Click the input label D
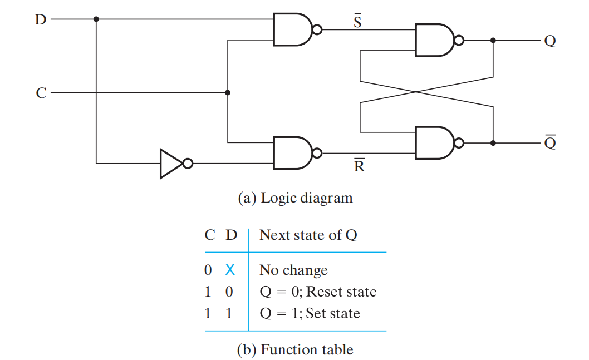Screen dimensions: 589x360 click(x=41, y=19)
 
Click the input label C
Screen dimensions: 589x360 click(x=41, y=93)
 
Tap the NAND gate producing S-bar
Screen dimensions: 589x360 click(x=297, y=29)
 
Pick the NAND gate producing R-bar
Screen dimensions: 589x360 click(x=297, y=153)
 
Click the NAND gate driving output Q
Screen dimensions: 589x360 click(x=439, y=40)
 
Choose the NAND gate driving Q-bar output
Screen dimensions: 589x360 click(x=439, y=142)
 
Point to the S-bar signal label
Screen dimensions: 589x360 click(x=357, y=21)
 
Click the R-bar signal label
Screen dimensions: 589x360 click(x=359, y=166)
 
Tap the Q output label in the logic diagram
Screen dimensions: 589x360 click(x=550, y=41)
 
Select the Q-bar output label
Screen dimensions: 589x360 click(x=551, y=142)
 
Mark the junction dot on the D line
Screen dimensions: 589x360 click(x=96, y=19)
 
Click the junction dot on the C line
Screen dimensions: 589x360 click(x=228, y=93)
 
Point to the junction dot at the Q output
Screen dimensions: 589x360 click(x=493, y=40)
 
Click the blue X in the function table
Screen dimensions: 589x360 click(x=230, y=270)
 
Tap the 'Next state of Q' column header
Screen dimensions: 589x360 click(x=308, y=235)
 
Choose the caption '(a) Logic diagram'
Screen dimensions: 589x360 click(x=295, y=198)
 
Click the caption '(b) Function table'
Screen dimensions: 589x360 click(x=295, y=349)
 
